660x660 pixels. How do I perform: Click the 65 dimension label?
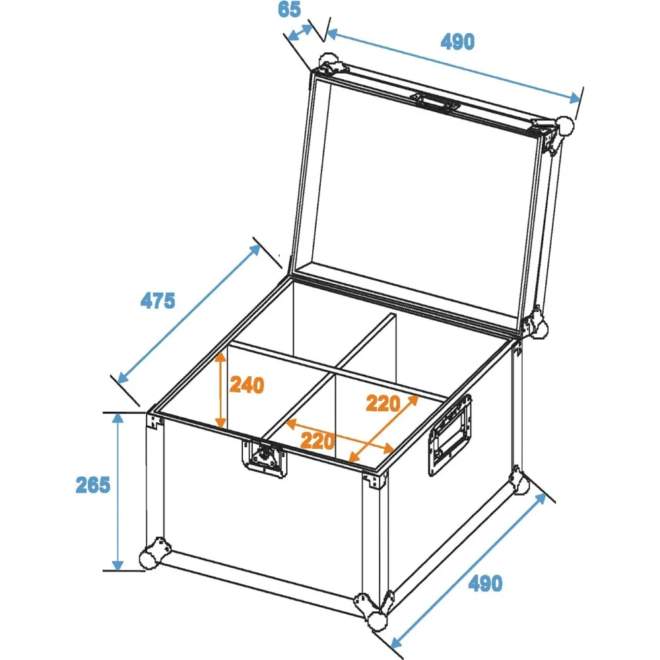289,10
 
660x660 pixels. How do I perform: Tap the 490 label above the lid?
457,42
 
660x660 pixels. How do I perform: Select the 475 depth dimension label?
158,301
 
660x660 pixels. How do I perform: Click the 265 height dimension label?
92,485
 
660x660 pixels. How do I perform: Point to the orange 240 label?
247,385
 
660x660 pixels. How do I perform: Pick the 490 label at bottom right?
485,584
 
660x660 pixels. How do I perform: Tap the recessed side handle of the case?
449,435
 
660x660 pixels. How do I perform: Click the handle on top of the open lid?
436,102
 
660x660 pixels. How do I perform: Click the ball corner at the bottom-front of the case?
374,610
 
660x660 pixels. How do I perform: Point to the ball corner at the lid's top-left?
329,63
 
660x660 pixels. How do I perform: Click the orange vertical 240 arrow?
220,390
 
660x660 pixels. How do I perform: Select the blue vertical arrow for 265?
118,492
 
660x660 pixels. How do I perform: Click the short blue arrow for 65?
300,33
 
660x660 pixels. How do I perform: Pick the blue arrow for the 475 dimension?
189,314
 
